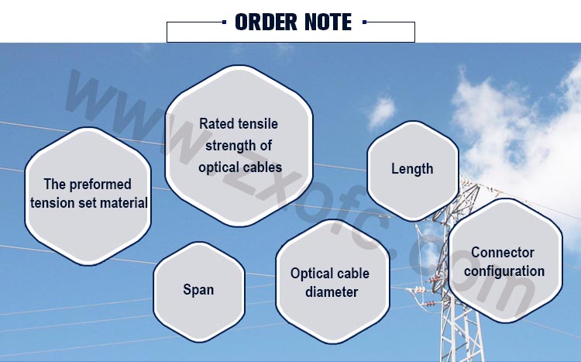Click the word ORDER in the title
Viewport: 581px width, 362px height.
point(266,22)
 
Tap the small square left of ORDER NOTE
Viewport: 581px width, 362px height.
point(224,22)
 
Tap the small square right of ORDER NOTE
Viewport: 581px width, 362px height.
point(365,22)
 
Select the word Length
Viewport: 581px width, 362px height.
point(412,169)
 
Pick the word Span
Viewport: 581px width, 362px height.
point(198,290)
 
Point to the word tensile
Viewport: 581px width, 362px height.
point(258,124)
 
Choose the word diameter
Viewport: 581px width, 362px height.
point(332,292)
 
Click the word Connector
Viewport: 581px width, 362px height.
point(503,253)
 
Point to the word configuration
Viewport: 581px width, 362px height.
point(504,271)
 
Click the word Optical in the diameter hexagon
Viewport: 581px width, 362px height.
point(309,274)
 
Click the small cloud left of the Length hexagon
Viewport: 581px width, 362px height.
point(381,112)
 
